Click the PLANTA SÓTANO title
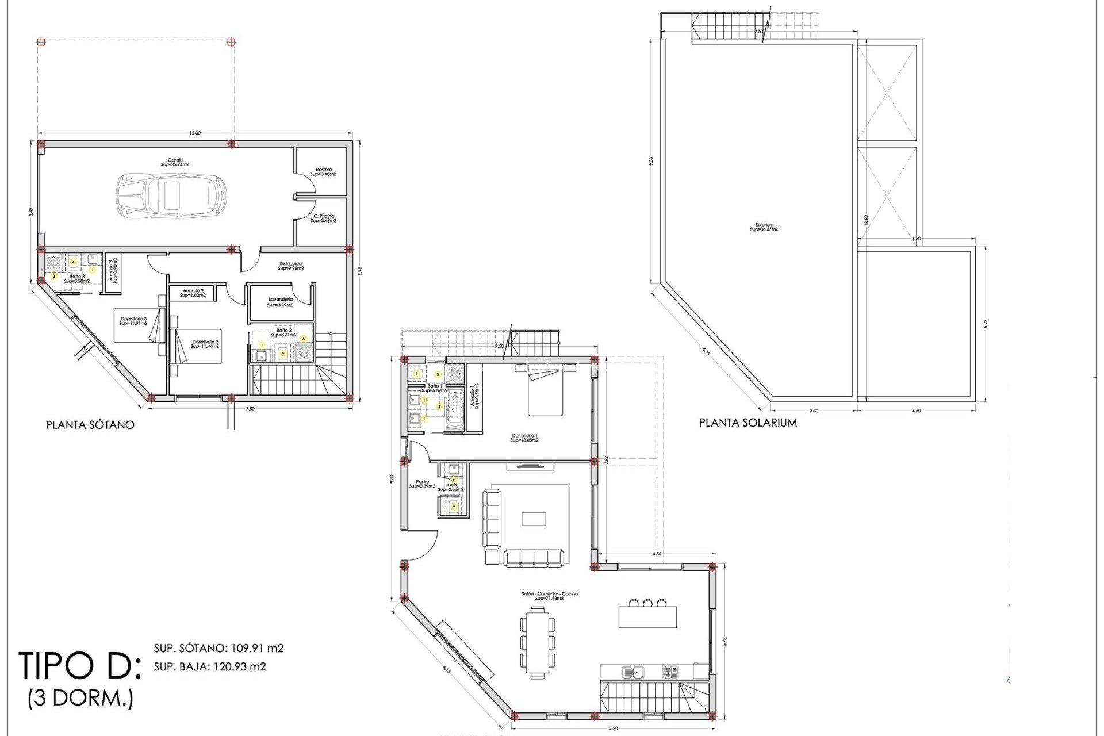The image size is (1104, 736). click(90, 425)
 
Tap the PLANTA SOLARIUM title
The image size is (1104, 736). click(747, 423)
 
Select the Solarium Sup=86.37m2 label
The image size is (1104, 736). click(764, 227)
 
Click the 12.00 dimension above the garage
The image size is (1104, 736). click(195, 133)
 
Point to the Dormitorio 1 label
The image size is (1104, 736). click(524, 438)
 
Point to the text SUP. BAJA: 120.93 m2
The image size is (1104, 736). click(210, 667)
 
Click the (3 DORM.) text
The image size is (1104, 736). click(80, 699)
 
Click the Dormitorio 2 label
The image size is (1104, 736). click(205, 344)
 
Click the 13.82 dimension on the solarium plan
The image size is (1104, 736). click(866, 220)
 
